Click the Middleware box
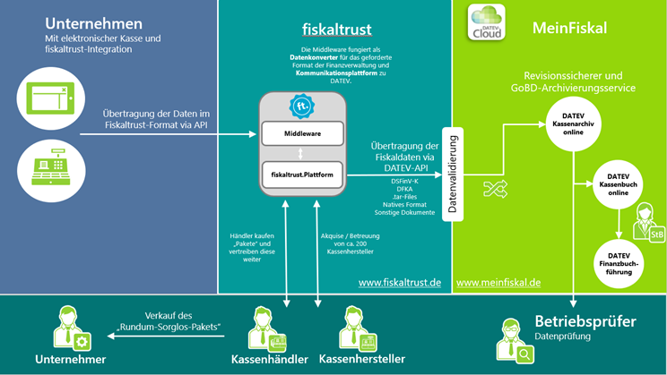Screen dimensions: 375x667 coord(302,134)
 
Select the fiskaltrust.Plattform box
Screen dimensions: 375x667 coord(302,175)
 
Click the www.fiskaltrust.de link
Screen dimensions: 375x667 coord(400,283)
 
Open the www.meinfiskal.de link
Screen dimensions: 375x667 coord(498,283)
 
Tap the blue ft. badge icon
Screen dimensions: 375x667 coord(301,107)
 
